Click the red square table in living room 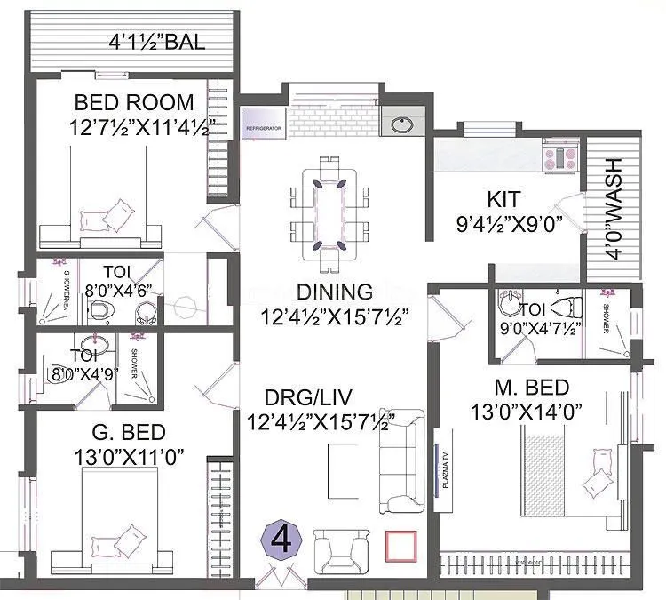(x=400, y=546)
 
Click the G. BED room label (x=130, y=433)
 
